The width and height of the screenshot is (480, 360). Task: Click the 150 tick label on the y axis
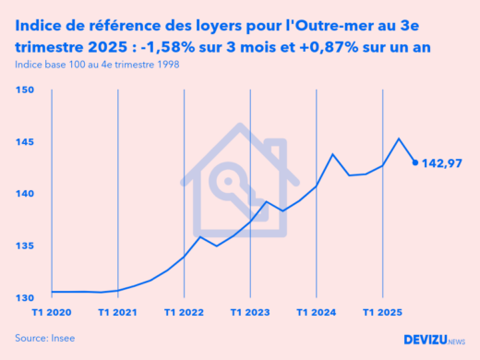pos(25,90)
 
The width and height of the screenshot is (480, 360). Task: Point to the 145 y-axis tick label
pos(25,142)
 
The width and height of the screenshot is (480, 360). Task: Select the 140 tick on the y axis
pos(25,194)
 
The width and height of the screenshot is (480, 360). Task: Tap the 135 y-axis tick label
pos(25,246)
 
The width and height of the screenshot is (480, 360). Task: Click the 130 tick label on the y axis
pos(25,298)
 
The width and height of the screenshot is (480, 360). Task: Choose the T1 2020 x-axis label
pos(51,313)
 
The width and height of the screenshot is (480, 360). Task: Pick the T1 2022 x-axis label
pos(184,313)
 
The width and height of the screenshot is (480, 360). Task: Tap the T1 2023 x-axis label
pos(250,313)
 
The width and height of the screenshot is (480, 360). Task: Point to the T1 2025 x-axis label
pos(382,313)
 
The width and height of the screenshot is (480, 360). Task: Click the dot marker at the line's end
pos(414,162)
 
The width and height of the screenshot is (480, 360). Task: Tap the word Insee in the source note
pos(63,339)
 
